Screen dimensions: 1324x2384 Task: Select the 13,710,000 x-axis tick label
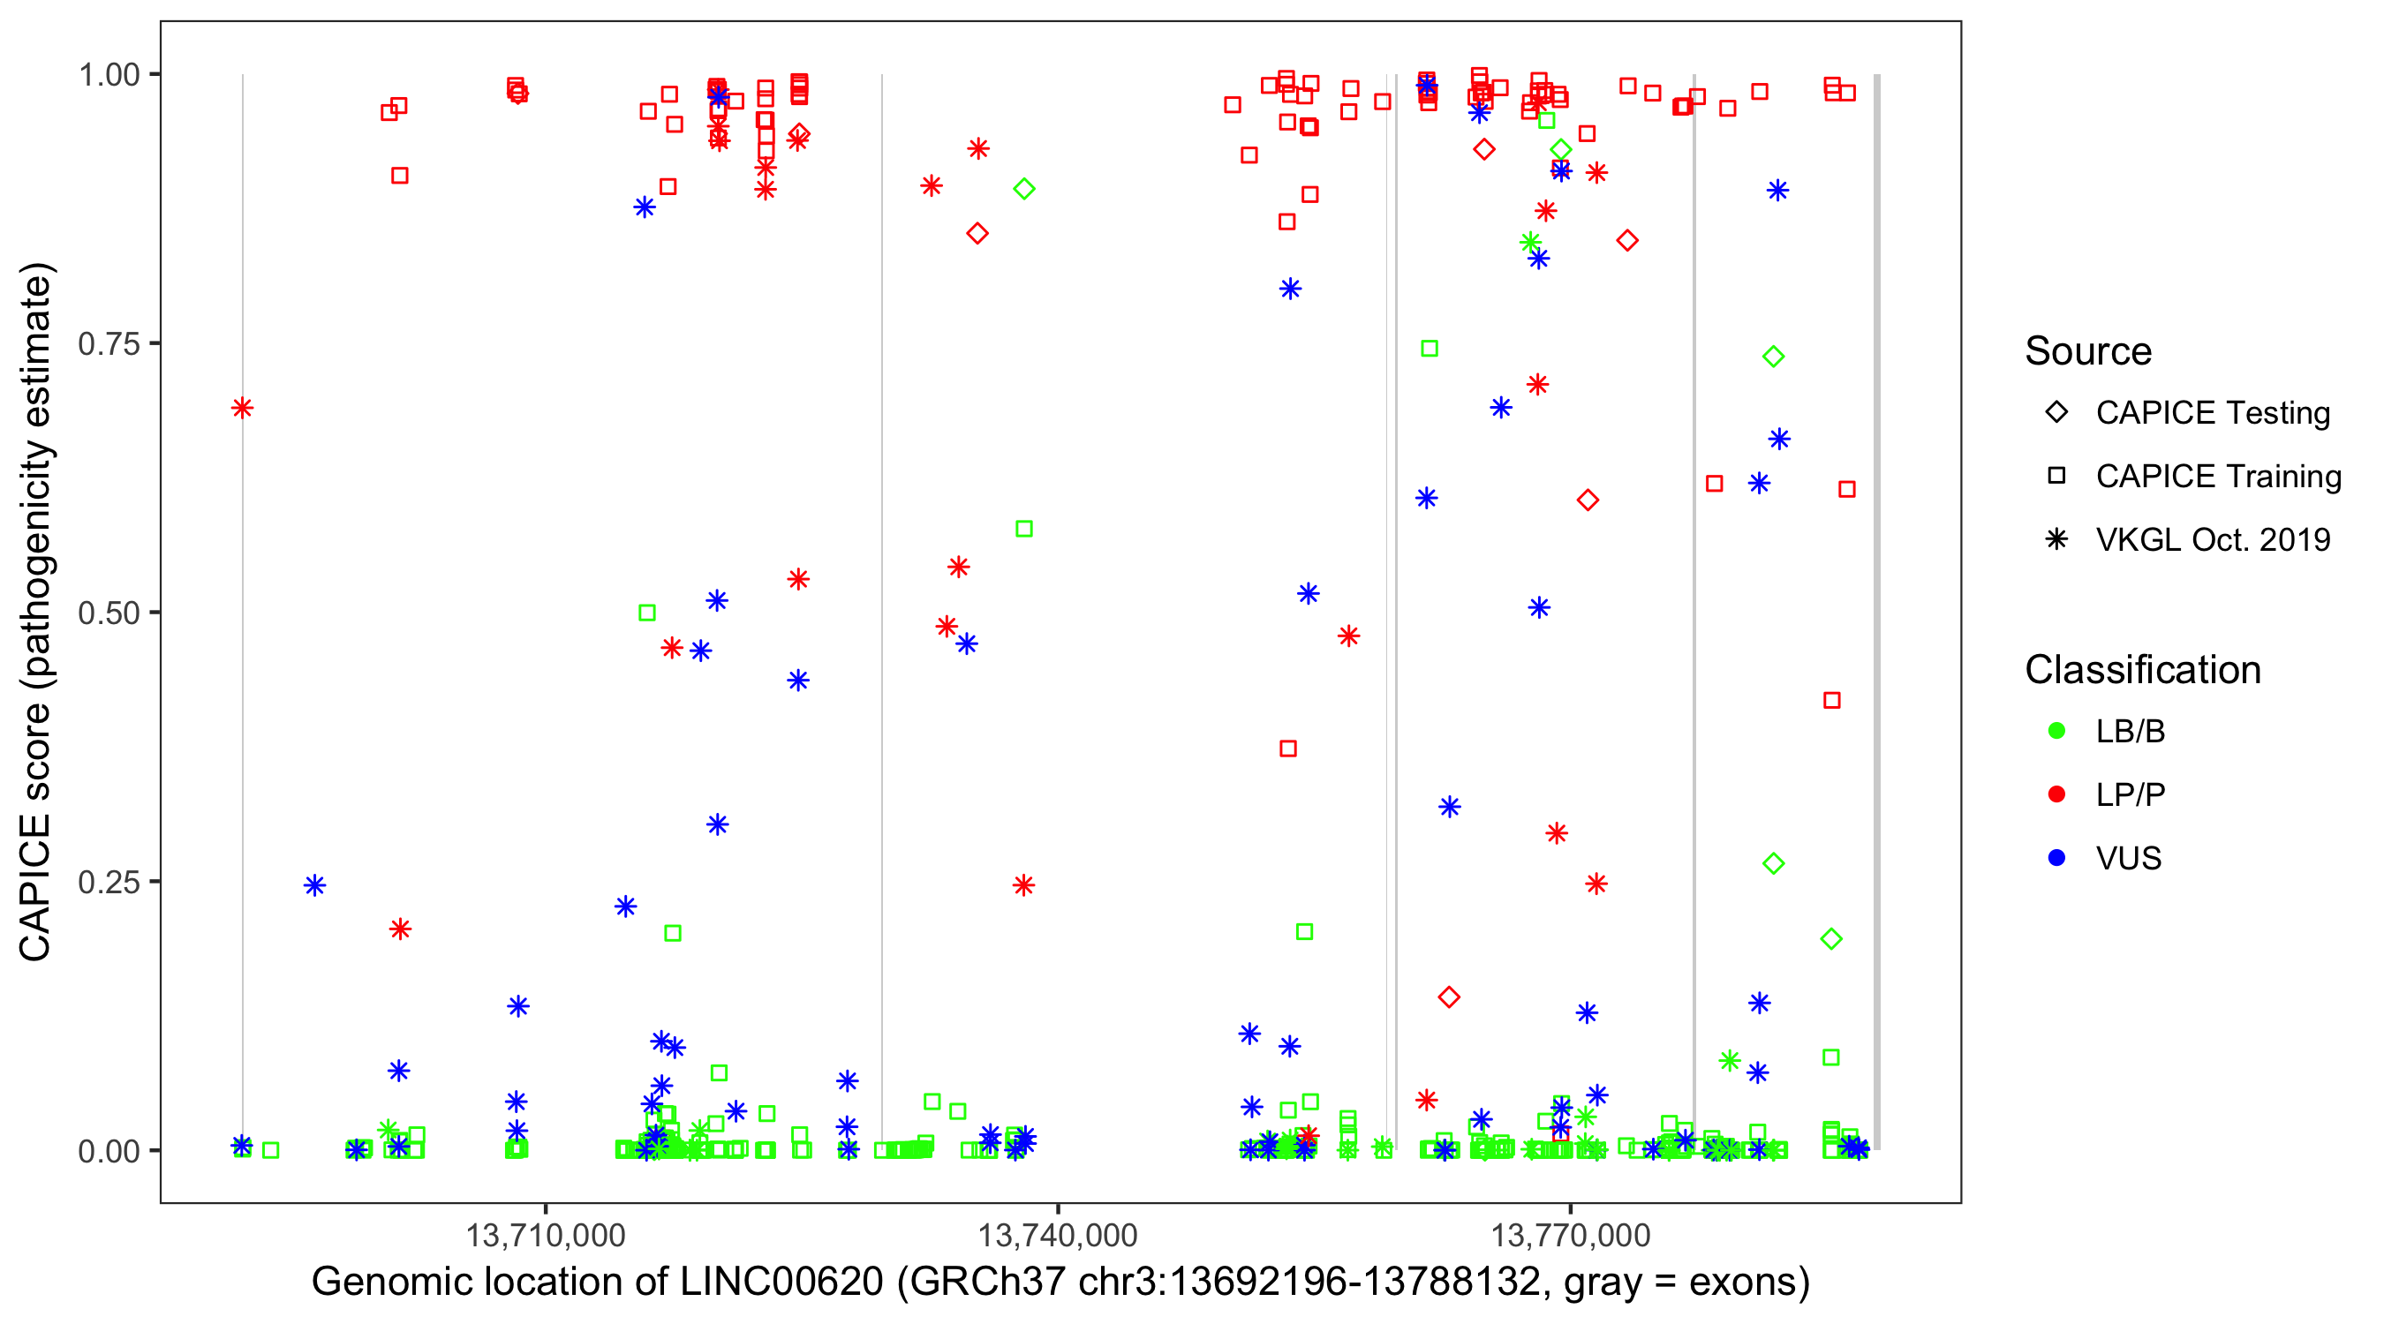(545, 1235)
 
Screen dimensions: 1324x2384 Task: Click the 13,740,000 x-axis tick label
(1058, 1235)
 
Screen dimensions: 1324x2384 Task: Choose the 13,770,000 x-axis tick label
(1571, 1235)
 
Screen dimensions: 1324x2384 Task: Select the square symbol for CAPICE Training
(2056, 476)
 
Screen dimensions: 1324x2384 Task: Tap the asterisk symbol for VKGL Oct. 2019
(2056, 539)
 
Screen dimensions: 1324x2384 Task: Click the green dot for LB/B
(2056, 731)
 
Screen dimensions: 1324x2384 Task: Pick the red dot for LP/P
(2056, 794)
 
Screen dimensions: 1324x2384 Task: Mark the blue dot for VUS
(2056, 858)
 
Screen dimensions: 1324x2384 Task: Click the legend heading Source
(2088, 351)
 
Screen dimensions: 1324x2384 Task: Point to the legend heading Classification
(2142, 670)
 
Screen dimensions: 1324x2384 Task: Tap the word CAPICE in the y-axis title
(34, 887)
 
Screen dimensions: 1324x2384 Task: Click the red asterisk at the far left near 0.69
(243, 408)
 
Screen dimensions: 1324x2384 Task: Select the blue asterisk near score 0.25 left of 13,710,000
(314, 885)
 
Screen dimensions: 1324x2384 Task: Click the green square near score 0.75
(1429, 349)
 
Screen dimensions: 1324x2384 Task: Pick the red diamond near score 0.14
(1449, 997)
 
